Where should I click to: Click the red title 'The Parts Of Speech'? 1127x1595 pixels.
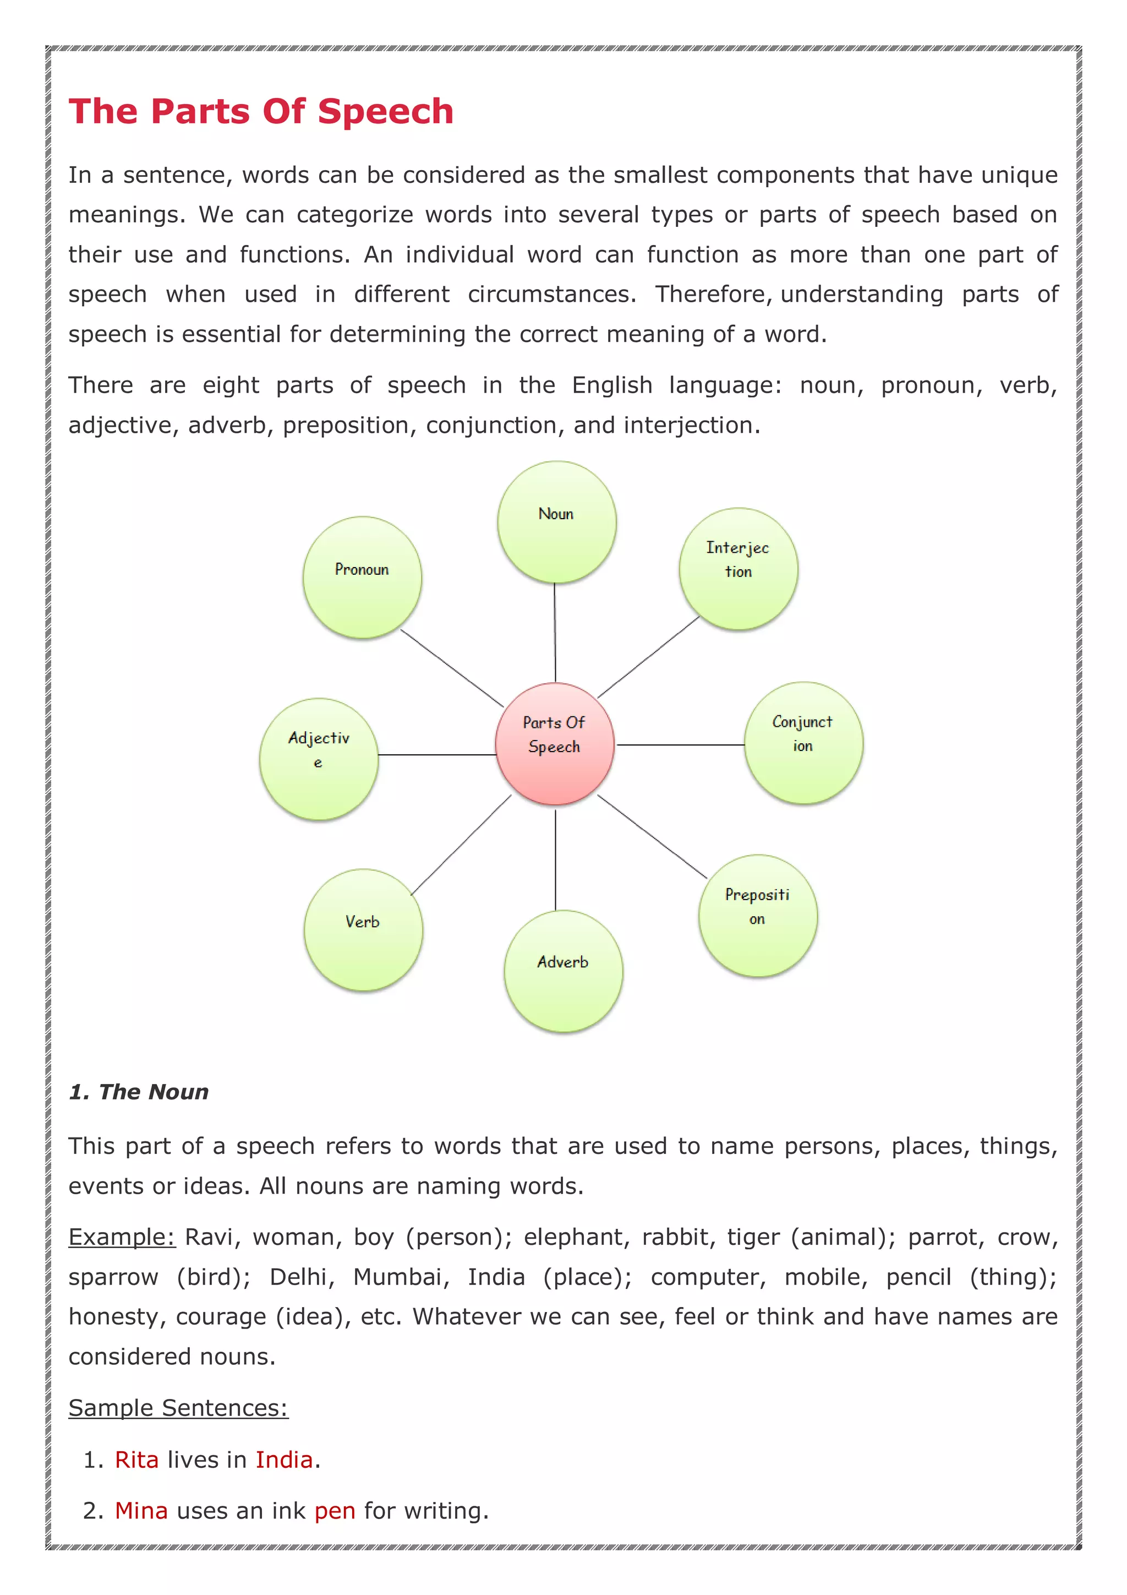coord(261,111)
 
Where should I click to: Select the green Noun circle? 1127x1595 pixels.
coord(556,522)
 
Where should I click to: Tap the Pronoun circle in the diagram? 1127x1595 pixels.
coord(362,578)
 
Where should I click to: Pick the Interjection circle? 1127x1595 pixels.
coord(738,569)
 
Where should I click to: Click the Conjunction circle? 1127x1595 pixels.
coord(803,743)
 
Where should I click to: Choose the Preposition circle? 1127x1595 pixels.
coord(758,915)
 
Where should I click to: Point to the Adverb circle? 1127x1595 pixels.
coord(563,971)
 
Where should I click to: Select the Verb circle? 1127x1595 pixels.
coord(363,929)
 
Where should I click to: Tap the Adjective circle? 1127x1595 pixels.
coord(319,759)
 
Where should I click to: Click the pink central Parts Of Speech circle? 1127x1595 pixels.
coord(554,743)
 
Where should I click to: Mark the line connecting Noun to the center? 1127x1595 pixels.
coord(555,632)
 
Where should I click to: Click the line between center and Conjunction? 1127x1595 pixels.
coord(681,745)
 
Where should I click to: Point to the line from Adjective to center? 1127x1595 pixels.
coord(437,754)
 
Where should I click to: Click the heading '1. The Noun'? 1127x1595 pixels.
coord(139,1092)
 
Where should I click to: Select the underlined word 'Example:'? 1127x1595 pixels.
coord(122,1237)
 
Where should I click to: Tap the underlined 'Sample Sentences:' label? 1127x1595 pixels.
coord(178,1407)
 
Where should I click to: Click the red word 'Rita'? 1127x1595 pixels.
coord(137,1460)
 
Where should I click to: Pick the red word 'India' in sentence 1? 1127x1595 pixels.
coord(284,1460)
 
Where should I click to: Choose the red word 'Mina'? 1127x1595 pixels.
coord(141,1510)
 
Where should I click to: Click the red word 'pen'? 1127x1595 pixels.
coord(335,1511)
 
